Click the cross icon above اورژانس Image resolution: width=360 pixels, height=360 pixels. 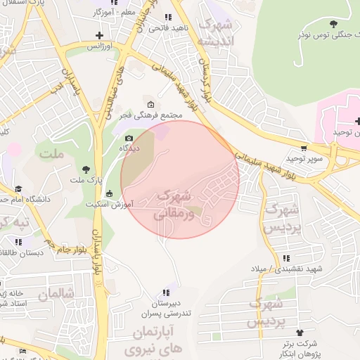coord(99,35)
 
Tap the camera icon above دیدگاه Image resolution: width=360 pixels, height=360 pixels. coord(129,138)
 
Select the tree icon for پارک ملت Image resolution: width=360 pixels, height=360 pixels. coord(86,169)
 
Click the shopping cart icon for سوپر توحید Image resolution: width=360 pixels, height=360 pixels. coord(303,148)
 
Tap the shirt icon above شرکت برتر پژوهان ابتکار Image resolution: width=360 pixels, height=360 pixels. coord(300,332)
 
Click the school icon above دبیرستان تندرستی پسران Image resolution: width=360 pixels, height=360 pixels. coord(166,292)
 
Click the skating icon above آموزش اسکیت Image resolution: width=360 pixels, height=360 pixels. coord(108,194)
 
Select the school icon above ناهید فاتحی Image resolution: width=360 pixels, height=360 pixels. coord(167,17)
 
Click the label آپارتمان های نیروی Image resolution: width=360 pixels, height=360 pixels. coord(154,338)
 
